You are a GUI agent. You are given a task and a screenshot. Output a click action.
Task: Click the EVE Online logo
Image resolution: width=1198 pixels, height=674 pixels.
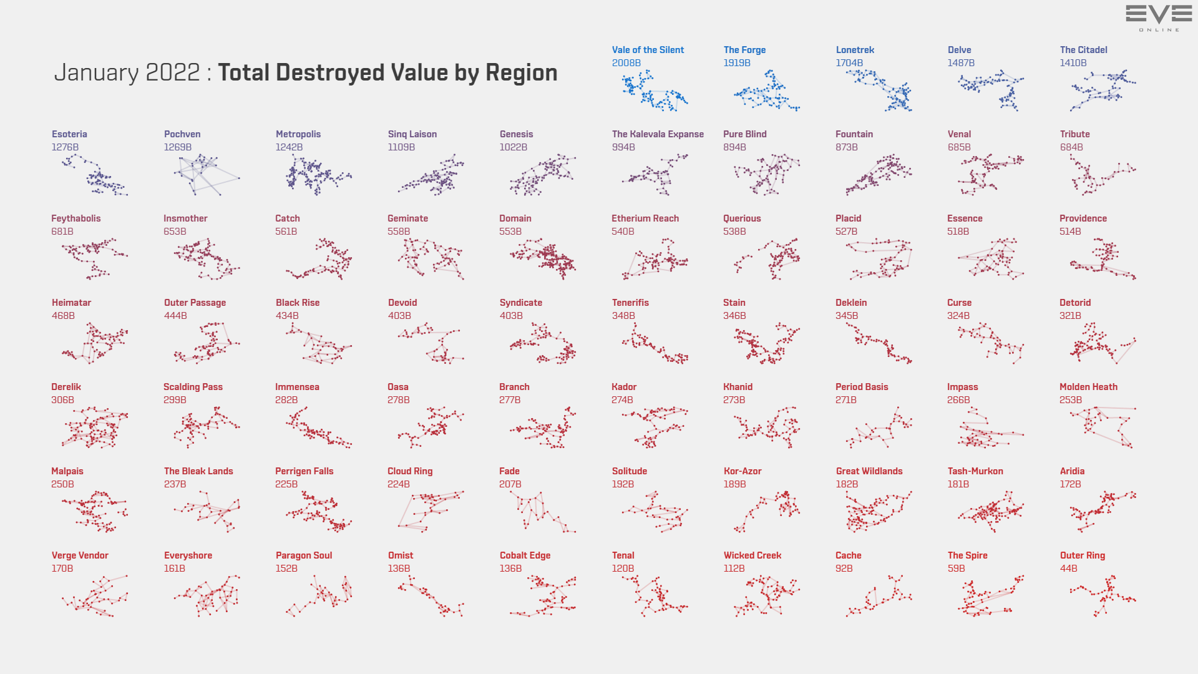(x=1159, y=17)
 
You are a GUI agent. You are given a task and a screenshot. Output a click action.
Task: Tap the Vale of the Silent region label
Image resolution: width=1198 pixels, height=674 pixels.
(x=648, y=50)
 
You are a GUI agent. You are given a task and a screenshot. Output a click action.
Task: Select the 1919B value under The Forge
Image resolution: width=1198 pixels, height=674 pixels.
(x=737, y=63)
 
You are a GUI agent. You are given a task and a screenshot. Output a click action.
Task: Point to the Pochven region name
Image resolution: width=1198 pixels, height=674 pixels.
(x=182, y=134)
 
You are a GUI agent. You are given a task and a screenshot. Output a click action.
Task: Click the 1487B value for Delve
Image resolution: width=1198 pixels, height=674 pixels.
(x=961, y=63)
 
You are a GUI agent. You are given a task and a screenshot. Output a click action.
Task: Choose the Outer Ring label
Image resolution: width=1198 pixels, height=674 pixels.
(x=1082, y=555)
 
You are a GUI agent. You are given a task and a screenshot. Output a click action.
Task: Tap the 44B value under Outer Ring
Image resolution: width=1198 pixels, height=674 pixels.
(x=1068, y=569)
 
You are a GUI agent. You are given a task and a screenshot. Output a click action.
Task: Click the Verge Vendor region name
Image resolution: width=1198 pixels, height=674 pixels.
(x=80, y=555)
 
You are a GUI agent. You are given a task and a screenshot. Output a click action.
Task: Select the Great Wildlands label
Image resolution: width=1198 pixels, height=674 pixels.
(x=869, y=471)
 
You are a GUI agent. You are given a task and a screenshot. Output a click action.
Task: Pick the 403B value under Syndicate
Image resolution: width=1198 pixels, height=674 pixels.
(x=511, y=316)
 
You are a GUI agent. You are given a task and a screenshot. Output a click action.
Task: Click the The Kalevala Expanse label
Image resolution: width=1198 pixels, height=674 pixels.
(x=658, y=134)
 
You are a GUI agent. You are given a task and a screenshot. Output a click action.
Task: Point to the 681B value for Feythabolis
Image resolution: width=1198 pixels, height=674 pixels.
(x=62, y=232)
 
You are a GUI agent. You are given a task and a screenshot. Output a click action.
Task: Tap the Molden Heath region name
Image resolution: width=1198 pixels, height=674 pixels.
(x=1088, y=387)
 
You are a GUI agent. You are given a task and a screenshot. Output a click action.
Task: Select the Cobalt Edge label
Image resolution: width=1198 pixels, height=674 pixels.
(x=525, y=555)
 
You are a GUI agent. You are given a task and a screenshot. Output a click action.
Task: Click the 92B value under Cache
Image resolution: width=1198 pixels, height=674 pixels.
(x=844, y=569)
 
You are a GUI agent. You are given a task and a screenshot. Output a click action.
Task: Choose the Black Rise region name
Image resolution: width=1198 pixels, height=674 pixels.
(x=298, y=303)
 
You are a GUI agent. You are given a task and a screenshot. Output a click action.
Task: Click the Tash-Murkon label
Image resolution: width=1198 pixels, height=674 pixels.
(x=975, y=471)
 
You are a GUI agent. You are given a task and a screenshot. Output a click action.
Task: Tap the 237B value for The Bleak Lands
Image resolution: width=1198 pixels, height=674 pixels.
(x=175, y=484)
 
